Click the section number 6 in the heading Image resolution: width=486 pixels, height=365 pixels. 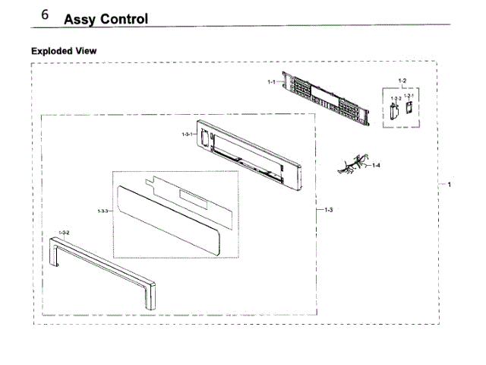[x=46, y=15]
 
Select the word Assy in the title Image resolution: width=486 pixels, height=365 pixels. [x=77, y=19]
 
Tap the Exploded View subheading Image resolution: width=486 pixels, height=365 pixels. [x=64, y=50]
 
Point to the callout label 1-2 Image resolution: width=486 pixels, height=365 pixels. [x=402, y=80]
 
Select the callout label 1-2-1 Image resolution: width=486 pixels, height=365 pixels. [x=408, y=96]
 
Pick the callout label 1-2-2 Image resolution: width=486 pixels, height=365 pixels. [x=395, y=98]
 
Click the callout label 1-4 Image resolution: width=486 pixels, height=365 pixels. [x=376, y=165]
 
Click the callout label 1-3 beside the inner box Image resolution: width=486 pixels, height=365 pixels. [x=327, y=209]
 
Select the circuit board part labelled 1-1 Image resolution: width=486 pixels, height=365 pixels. [x=327, y=98]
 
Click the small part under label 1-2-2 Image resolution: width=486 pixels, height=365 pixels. [x=393, y=112]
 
